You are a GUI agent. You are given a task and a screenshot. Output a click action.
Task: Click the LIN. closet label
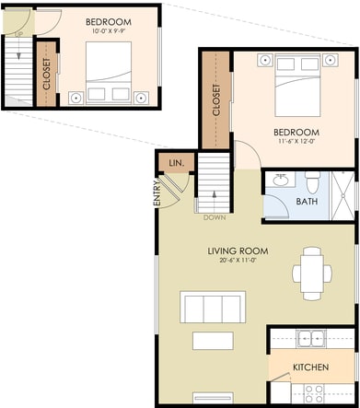pos(177,163)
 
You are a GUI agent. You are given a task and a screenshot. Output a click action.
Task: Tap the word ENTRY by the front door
pos(157,193)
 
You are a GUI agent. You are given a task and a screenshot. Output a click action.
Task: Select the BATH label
pos(307,202)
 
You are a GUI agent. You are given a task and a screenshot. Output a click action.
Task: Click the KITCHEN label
pos(310,367)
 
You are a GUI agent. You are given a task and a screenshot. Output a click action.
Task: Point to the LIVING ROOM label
pos(238,251)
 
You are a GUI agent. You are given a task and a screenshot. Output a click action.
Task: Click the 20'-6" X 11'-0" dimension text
pos(238,261)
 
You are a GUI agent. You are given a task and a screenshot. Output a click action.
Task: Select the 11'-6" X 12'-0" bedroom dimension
pos(296,142)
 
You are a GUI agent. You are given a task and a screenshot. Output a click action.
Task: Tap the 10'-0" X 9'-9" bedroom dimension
pos(109,30)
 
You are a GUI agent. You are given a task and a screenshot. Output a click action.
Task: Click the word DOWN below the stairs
pos(215,217)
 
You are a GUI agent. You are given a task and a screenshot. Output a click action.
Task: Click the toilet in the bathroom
pos(313,182)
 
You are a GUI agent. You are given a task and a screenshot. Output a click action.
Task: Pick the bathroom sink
pos(281,180)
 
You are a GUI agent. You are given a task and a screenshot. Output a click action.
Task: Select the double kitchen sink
pos(311,339)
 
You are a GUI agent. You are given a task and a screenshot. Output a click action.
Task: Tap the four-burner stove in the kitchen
pos(313,393)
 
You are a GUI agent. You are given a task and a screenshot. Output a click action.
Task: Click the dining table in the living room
pos(312,274)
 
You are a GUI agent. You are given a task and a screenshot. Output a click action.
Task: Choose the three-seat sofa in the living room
pos(213,307)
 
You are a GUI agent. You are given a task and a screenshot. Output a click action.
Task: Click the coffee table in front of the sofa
pos(213,341)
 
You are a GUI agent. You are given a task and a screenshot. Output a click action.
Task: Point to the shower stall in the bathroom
pos(343,195)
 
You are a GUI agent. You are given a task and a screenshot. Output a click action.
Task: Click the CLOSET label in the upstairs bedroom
pos(47,74)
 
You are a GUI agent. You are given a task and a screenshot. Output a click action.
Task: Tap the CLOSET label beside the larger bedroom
pos(216,100)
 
